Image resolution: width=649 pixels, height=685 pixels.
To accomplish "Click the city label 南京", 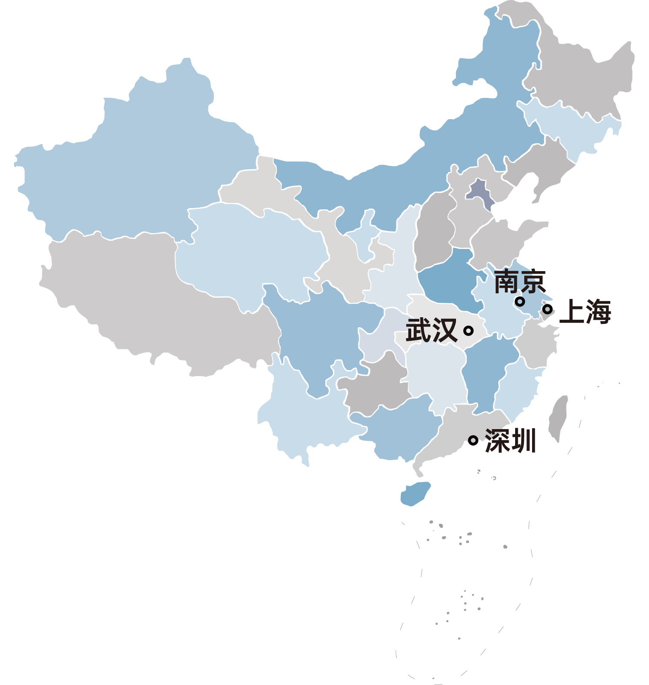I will (x=519, y=282).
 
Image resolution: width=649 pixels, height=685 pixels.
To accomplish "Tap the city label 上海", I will (x=585, y=312).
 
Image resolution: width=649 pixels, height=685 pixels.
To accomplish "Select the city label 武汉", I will (x=431, y=330).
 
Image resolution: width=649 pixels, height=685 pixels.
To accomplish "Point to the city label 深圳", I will (x=510, y=441).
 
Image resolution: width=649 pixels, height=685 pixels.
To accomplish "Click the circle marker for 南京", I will (x=519, y=301).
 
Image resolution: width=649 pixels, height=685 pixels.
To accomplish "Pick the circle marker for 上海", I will (x=548, y=309).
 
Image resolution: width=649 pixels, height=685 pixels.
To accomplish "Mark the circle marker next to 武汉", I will (x=468, y=331).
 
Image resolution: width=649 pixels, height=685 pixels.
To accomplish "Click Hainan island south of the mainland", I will (x=415, y=493).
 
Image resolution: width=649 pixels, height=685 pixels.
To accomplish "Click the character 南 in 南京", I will (x=507, y=282).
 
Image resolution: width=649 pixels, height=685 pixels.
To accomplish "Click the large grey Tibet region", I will (x=152, y=296).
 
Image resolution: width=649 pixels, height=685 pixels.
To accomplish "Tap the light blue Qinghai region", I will (x=248, y=252).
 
